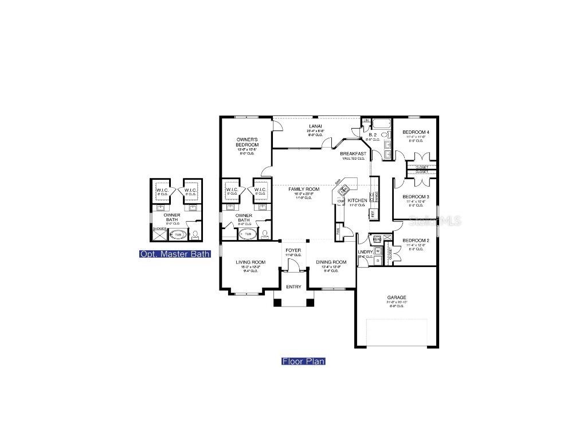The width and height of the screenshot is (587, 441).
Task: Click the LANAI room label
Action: [315, 126]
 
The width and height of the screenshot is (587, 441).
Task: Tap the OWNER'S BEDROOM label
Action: [248, 142]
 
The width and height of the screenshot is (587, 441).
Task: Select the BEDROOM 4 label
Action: [416, 133]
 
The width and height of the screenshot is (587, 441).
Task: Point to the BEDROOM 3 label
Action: [416, 196]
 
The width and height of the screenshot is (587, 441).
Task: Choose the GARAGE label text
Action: [396, 297]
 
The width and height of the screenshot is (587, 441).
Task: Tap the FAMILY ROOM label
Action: [304, 189]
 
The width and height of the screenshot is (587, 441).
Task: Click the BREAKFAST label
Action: [353, 154]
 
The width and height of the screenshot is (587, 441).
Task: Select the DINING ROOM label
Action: [331, 262]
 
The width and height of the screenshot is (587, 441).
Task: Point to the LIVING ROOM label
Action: [251, 262]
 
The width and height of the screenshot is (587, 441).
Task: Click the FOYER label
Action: [293, 251]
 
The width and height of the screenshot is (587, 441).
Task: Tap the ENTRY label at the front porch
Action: [293, 287]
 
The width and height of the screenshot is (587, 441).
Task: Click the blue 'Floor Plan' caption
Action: [303, 361]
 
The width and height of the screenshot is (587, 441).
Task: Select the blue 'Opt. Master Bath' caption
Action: [175, 254]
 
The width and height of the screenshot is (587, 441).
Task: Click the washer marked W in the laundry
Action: [378, 250]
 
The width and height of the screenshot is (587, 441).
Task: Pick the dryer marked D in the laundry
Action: [378, 260]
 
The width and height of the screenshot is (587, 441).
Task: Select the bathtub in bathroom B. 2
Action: [380, 123]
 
